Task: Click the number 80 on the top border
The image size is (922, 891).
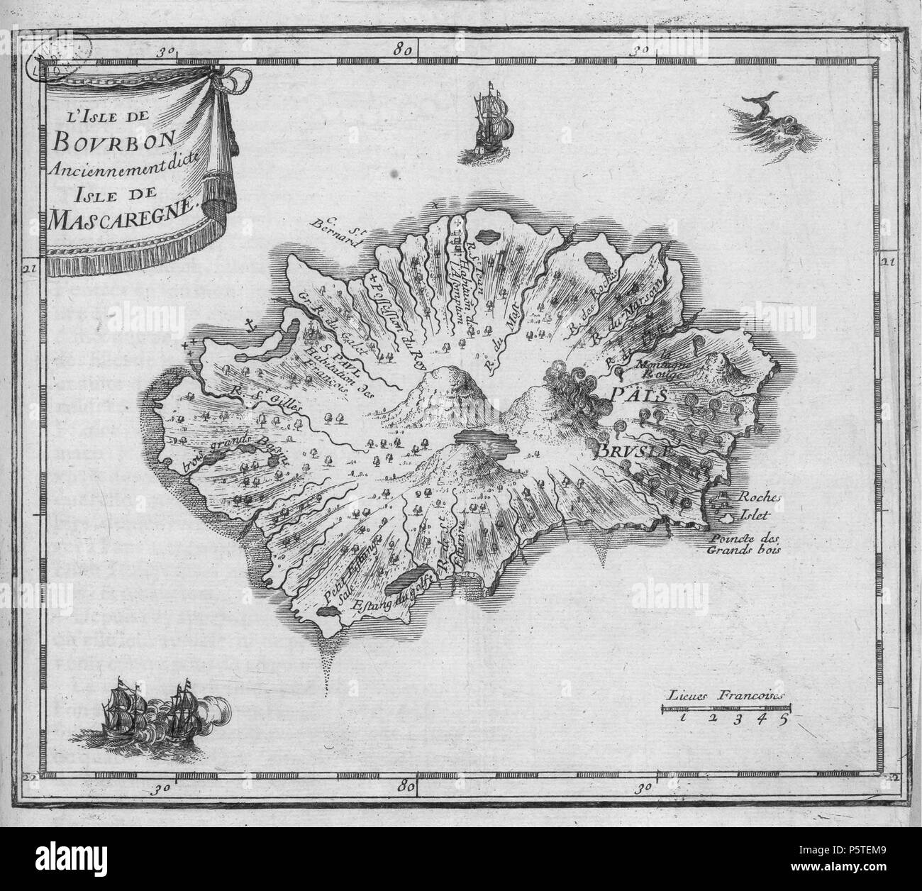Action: coord(406,50)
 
